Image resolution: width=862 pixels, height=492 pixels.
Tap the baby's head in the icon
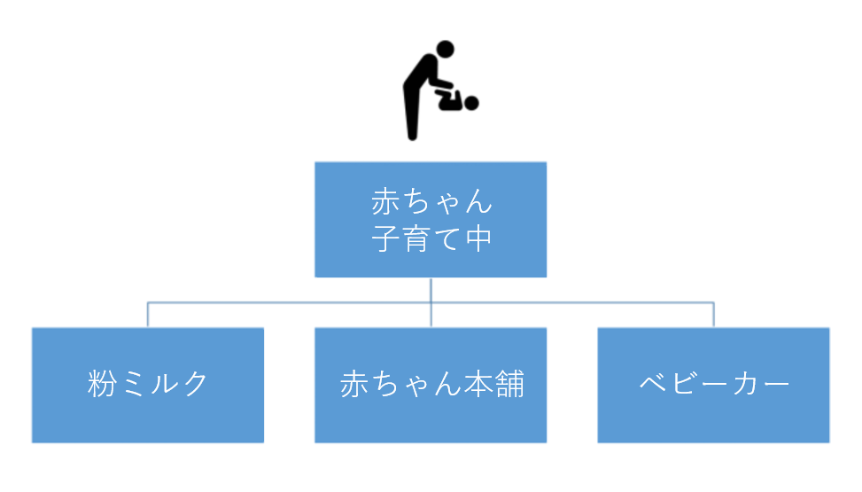coord(471,103)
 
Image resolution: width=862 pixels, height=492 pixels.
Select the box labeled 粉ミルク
coord(148,385)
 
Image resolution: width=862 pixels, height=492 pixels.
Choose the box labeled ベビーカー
coord(713,385)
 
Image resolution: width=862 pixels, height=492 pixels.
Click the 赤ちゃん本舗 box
coord(431,385)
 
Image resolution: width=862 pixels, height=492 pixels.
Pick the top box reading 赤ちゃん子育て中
coord(431,219)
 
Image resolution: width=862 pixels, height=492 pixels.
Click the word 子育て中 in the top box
coord(431,238)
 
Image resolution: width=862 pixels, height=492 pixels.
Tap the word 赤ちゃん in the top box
coord(431,202)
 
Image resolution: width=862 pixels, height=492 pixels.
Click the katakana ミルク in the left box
coord(165,384)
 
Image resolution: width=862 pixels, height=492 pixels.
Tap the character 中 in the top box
coord(478,238)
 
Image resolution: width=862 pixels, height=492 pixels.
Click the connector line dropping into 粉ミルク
coord(148,316)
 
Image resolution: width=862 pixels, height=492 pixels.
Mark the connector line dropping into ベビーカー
coord(713,316)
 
